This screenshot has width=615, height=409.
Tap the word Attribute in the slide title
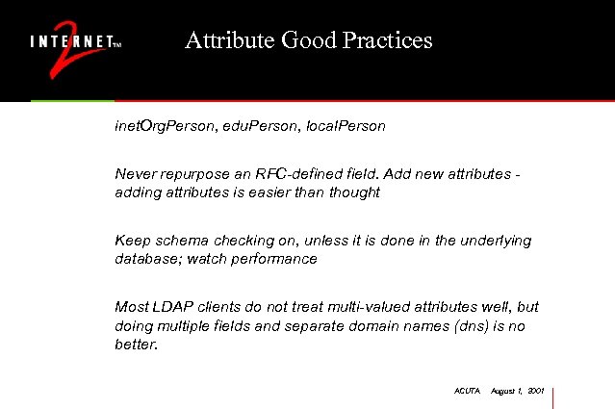(x=228, y=40)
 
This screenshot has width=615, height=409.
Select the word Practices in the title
(x=386, y=40)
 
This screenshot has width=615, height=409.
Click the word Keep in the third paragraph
(x=132, y=241)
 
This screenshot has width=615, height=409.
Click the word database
(x=146, y=259)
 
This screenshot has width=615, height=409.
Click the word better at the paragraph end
(x=134, y=344)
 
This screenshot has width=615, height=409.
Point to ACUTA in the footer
(x=465, y=392)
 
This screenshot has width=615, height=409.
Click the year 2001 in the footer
(x=537, y=392)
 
